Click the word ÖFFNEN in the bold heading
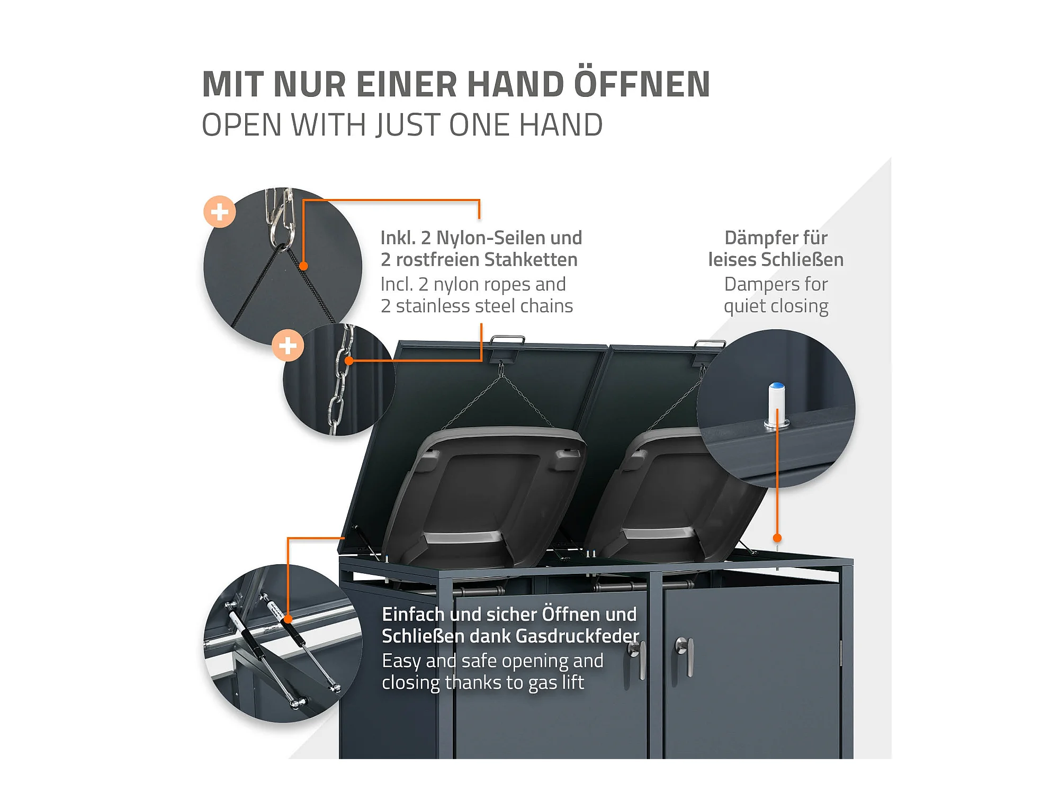pos(642,85)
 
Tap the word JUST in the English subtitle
pos(408,125)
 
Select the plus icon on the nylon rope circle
pos(220,212)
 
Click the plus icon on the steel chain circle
pos(288,346)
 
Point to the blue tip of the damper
pos(777,386)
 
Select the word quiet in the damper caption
pos(744,306)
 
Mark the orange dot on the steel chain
pos(349,361)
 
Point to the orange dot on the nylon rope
pos(303,266)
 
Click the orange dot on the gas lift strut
pos(288,619)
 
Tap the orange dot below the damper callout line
pos(777,538)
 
